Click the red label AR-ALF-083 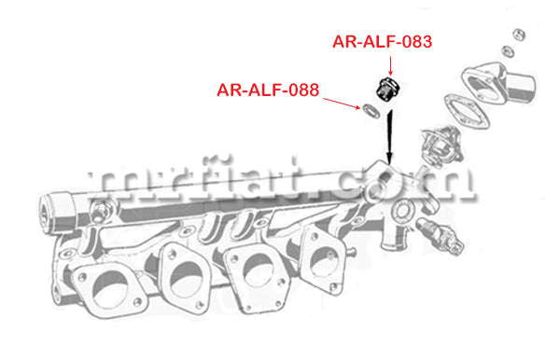click(382, 42)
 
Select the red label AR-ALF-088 click(268, 90)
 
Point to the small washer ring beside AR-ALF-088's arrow click(371, 111)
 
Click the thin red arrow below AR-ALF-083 click(390, 65)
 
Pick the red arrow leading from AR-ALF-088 click(342, 103)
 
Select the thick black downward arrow click(389, 137)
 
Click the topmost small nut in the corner click(519, 35)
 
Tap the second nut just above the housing click(508, 51)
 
